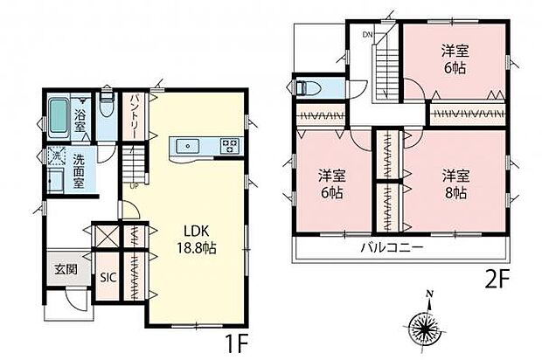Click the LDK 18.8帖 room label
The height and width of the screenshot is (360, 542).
(x=198, y=239)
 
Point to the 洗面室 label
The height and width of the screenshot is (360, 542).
(x=83, y=167)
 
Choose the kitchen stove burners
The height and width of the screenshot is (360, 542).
(x=230, y=145)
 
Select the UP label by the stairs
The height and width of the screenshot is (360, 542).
(x=135, y=185)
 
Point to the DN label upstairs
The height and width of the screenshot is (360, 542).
(x=368, y=35)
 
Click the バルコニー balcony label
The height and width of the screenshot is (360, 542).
(x=392, y=248)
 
